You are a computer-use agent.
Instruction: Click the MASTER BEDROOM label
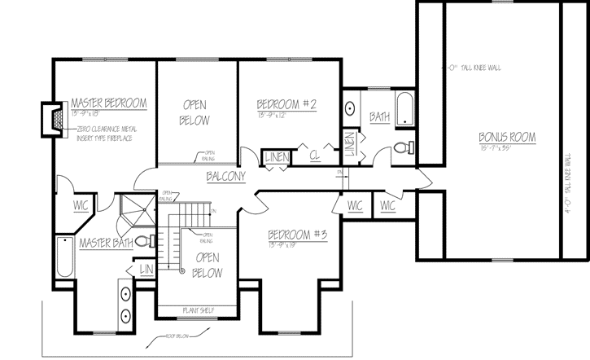[x=108, y=103]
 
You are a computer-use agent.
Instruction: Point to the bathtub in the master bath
[x=64, y=259]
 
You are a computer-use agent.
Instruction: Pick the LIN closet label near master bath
[x=146, y=270]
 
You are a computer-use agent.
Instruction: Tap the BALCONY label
[x=225, y=177]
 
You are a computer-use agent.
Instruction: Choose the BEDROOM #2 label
[x=286, y=104]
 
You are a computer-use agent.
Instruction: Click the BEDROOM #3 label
[x=297, y=236]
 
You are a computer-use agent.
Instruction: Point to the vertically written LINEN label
[x=348, y=143]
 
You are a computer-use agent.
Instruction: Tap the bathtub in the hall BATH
[x=404, y=109]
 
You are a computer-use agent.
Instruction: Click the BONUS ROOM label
[x=506, y=138]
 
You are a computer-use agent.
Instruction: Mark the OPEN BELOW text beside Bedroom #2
[x=195, y=112]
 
